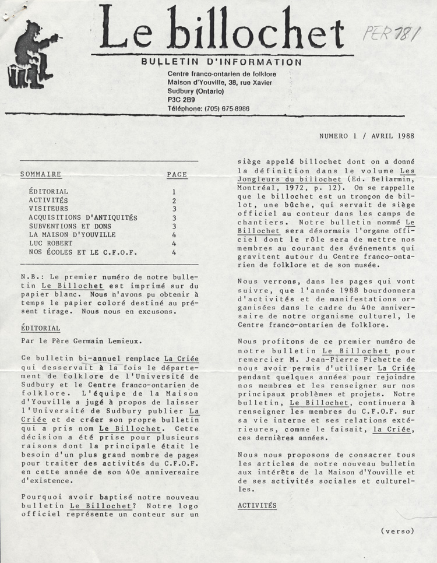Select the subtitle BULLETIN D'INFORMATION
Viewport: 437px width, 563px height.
[x=221, y=62]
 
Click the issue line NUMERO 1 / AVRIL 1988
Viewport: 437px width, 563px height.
[x=366, y=136]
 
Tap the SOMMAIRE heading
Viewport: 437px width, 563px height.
[x=41, y=174]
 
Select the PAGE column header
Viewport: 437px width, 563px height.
[x=177, y=174]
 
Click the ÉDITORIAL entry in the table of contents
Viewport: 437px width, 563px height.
[x=48, y=191]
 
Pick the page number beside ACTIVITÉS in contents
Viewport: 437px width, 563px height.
[x=174, y=200]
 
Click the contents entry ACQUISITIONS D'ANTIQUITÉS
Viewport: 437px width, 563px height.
[x=83, y=217]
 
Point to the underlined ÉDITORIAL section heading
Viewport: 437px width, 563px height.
[x=40, y=328]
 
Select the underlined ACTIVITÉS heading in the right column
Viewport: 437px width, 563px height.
[x=257, y=505]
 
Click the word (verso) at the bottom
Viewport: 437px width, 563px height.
[x=397, y=531]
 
